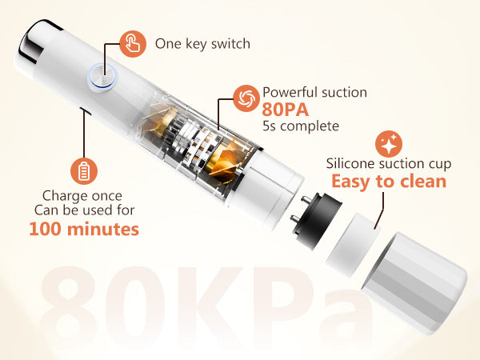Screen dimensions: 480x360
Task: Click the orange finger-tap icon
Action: pos(133,44)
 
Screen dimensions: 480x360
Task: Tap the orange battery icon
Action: pos(84,171)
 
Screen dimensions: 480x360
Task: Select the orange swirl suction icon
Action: pos(246,98)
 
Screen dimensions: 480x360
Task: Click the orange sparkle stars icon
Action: pos(389,144)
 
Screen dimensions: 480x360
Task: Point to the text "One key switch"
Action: pos(202,44)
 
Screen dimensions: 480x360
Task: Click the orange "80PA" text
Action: pos(285,110)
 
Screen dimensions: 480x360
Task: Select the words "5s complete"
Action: pos(301,126)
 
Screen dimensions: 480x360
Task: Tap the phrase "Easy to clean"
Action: pos(389,182)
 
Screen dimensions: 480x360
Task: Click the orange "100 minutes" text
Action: pos(84,229)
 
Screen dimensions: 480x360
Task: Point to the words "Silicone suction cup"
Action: pos(389,163)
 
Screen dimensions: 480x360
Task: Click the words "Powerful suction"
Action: pos(314,92)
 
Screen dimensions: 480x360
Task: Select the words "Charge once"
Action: pos(82,196)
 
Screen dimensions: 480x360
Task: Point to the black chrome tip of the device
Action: pos(35,40)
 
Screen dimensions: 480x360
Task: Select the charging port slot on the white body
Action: pos(85,111)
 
